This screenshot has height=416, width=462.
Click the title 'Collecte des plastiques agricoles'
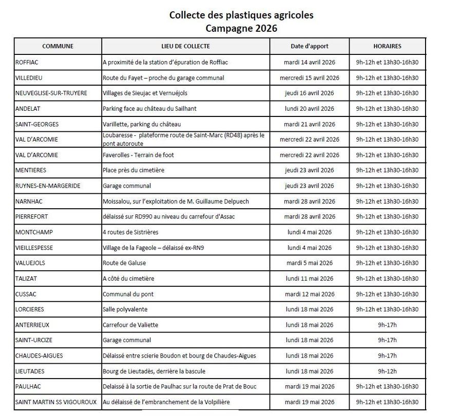241,15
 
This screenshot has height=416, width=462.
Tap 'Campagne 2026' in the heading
241,29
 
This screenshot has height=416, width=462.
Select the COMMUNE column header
57,46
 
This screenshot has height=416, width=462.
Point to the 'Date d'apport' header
310,46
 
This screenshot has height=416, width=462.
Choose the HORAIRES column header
388,46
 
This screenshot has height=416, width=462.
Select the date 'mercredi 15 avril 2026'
310,78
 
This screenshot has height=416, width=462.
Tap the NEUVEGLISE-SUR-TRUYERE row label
51,93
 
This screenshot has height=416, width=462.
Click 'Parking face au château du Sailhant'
149,109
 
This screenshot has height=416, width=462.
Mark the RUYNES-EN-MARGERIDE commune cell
48,186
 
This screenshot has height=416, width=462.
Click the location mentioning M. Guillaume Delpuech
176,202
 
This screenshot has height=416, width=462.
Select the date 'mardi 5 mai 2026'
310,263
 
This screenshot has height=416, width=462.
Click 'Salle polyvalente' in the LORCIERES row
125,309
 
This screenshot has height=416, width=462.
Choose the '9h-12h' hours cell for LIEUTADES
388,371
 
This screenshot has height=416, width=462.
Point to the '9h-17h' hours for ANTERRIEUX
388,325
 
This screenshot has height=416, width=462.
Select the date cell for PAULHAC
310,387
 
